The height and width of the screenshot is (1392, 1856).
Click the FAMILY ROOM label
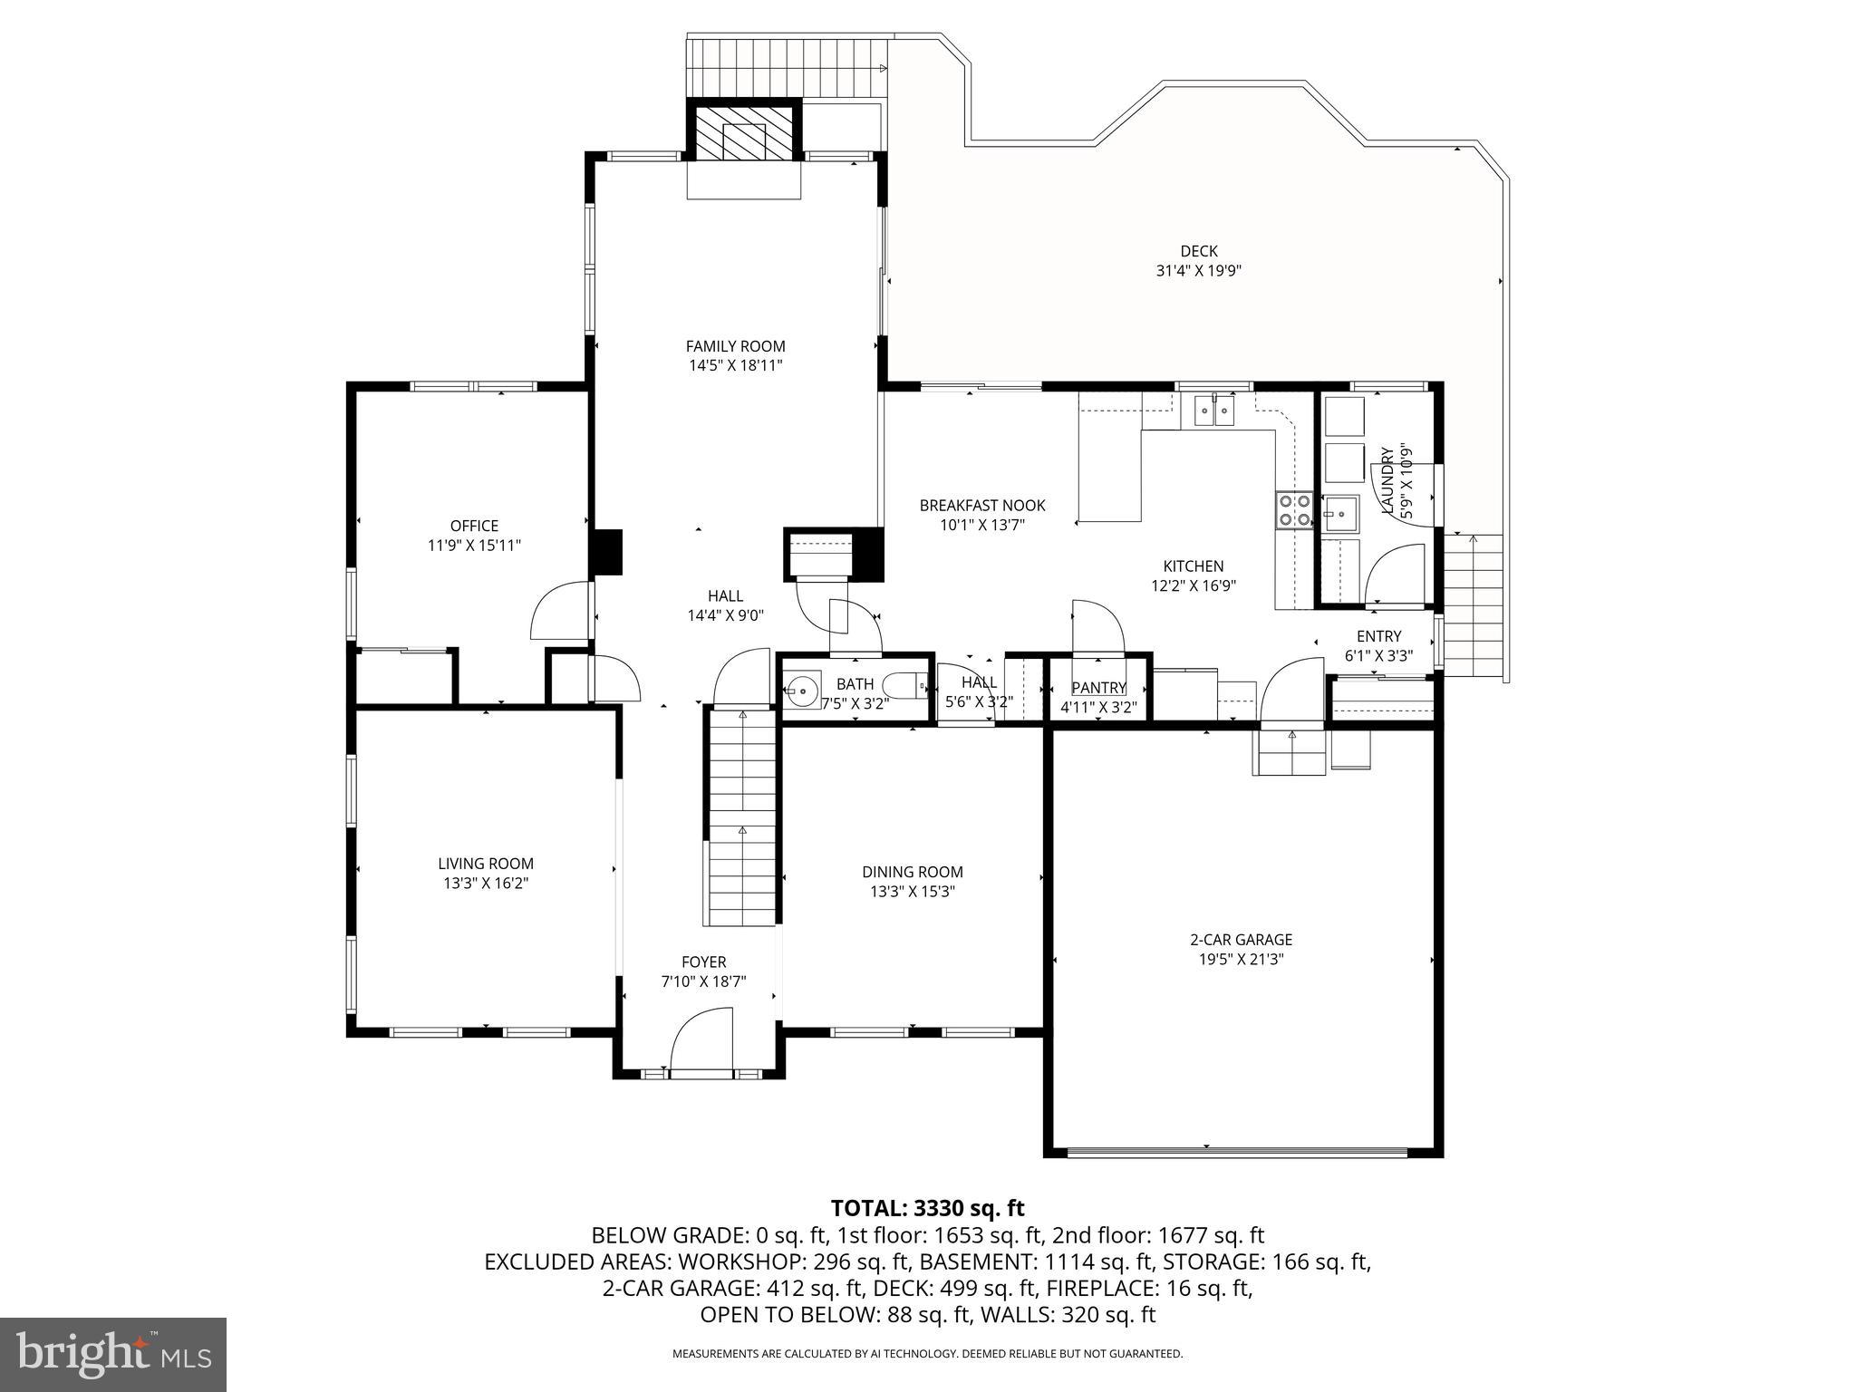point(735,346)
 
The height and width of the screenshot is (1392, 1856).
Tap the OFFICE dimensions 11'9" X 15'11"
point(474,546)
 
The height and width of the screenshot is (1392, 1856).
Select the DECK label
point(1198,251)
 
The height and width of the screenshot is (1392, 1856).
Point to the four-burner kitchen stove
point(1293,510)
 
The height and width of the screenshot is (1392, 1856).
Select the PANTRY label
point(1098,688)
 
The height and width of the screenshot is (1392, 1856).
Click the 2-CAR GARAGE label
point(1241,940)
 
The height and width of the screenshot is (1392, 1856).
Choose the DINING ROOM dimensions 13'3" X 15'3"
point(912,892)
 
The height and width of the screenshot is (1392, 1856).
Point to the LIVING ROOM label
point(486,864)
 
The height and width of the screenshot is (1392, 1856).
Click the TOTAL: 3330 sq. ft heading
point(927,1208)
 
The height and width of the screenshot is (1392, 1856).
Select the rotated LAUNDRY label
point(1387,480)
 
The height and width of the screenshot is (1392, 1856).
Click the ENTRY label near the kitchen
point(1378,636)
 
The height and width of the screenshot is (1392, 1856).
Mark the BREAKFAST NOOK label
point(982,506)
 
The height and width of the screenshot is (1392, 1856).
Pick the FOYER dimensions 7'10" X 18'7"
point(703,981)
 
